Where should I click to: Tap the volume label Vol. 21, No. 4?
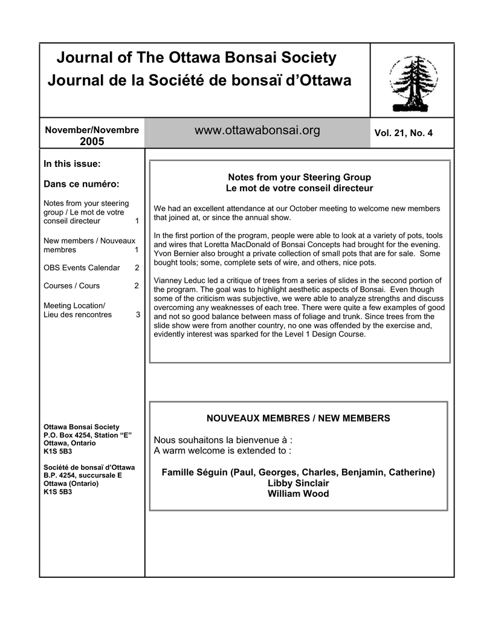(403, 133)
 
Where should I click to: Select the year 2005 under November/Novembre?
(92, 141)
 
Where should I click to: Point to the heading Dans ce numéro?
(82, 184)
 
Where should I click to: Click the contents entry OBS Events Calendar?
(82, 267)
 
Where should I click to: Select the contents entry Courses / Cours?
(72, 285)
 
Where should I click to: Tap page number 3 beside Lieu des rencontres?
(138, 314)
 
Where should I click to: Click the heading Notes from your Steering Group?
(299, 177)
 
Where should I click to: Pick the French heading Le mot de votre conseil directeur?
(299, 188)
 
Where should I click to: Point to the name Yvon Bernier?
(179, 254)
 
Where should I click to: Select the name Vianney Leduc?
(179, 280)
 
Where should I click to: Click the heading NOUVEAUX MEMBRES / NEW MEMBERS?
(299, 418)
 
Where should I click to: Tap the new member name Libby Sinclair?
(299, 483)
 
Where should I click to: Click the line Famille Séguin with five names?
(299, 472)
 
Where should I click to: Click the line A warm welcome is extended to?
(222, 450)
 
